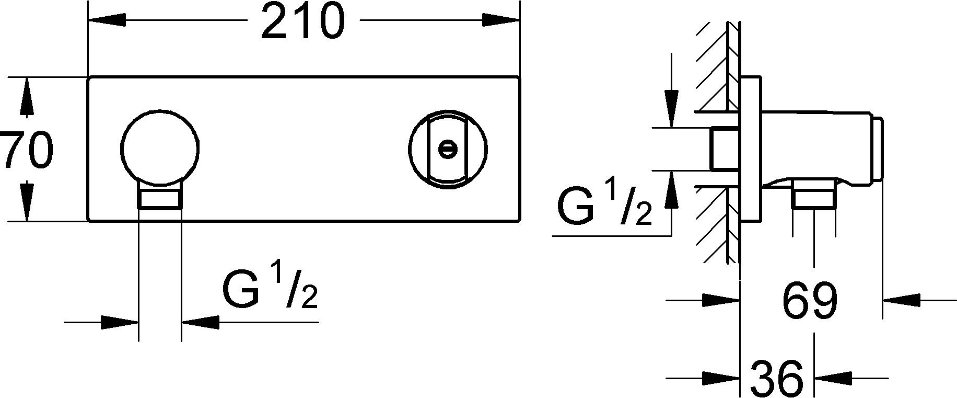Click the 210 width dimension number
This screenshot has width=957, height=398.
pyautogui.click(x=303, y=22)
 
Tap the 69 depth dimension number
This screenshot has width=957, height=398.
pyautogui.click(x=810, y=301)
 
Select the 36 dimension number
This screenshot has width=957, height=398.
pyautogui.click(x=777, y=378)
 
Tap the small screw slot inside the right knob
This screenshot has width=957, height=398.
pyautogui.click(x=447, y=149)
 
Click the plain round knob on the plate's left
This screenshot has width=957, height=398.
pyautogui.click(x=160, y=147)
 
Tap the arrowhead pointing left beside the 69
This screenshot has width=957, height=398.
pyautogui.click(x=902, y=301)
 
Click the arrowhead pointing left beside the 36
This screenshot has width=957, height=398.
pyautogui.click(x=834, y=378)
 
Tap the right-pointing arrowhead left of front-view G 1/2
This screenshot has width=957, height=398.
pyautogui.click(x=120, y=322)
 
